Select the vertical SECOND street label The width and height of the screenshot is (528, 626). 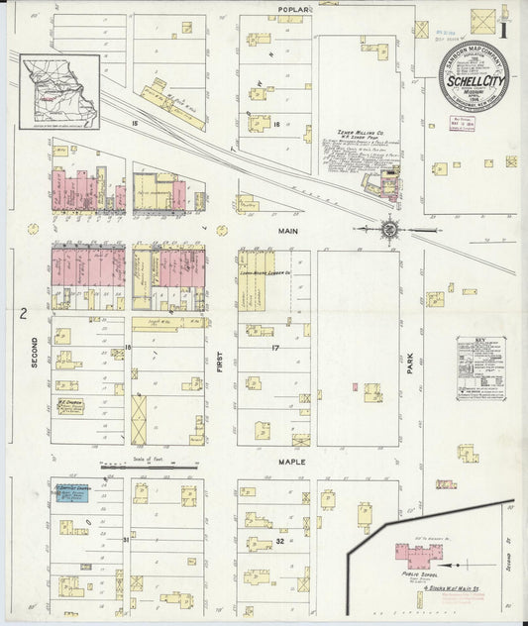pos(35,351)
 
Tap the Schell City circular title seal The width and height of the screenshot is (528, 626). pos(475,76)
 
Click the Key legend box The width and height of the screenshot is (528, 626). pos(481,368)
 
